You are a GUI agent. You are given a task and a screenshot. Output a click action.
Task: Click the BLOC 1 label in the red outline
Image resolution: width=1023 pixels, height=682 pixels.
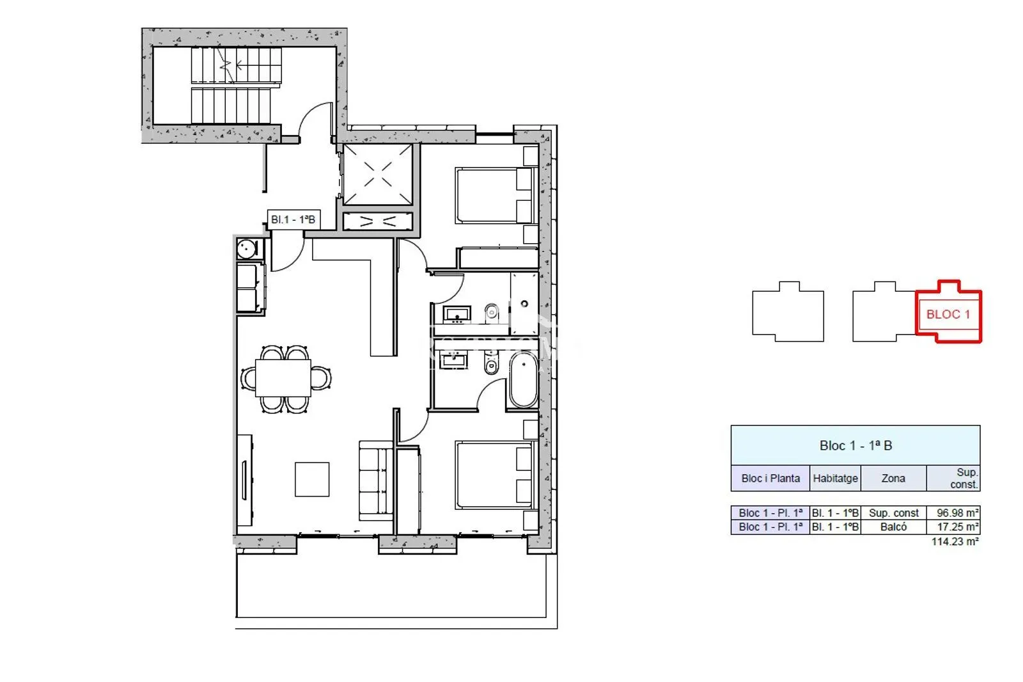[948, 315]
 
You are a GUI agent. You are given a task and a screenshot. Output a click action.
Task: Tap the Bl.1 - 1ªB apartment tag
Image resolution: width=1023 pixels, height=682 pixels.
[293, 220]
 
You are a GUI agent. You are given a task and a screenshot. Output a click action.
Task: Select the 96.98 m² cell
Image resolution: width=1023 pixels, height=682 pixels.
[953, 513]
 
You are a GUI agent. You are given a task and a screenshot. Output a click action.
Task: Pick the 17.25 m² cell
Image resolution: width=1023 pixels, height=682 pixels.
[953, 527]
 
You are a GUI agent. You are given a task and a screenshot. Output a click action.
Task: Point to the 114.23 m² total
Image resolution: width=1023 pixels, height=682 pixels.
[955, 542]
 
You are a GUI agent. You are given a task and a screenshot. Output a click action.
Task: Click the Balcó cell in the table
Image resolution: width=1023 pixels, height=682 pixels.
[893, 527]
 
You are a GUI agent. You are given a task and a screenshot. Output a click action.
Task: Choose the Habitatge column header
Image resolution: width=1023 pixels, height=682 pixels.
[835, 478]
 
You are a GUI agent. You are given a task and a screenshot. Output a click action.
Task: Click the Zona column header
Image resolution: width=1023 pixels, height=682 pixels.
[893, 478]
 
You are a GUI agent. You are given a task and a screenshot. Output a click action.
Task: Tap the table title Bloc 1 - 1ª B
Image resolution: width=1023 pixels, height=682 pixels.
[855, 446]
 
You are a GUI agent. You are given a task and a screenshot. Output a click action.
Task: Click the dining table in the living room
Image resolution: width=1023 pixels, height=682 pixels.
[283, 378]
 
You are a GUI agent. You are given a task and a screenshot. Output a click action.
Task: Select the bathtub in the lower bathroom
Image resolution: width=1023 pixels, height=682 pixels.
[524, 379]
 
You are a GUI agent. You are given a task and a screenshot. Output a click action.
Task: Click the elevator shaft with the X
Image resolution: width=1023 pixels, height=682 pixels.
[378, 175]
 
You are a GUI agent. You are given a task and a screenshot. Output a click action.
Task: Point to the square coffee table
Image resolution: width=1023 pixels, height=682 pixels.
[312, 479]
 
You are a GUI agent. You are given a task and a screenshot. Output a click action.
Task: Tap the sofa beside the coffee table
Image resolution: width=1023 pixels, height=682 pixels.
[375, 480]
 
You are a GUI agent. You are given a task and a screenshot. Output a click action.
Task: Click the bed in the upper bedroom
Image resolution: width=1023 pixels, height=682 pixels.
[494, 196]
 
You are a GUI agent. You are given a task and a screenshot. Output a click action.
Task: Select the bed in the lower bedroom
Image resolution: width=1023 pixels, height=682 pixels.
[494, 475]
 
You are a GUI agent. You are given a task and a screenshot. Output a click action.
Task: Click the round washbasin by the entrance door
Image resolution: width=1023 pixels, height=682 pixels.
[247, 249]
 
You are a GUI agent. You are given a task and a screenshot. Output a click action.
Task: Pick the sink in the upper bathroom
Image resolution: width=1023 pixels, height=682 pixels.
[457, 315]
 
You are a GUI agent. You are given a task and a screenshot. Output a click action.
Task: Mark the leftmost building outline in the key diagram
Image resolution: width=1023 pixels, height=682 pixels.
[788, 312]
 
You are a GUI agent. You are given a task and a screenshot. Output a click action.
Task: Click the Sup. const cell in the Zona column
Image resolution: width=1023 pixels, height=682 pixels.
[893, 513]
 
